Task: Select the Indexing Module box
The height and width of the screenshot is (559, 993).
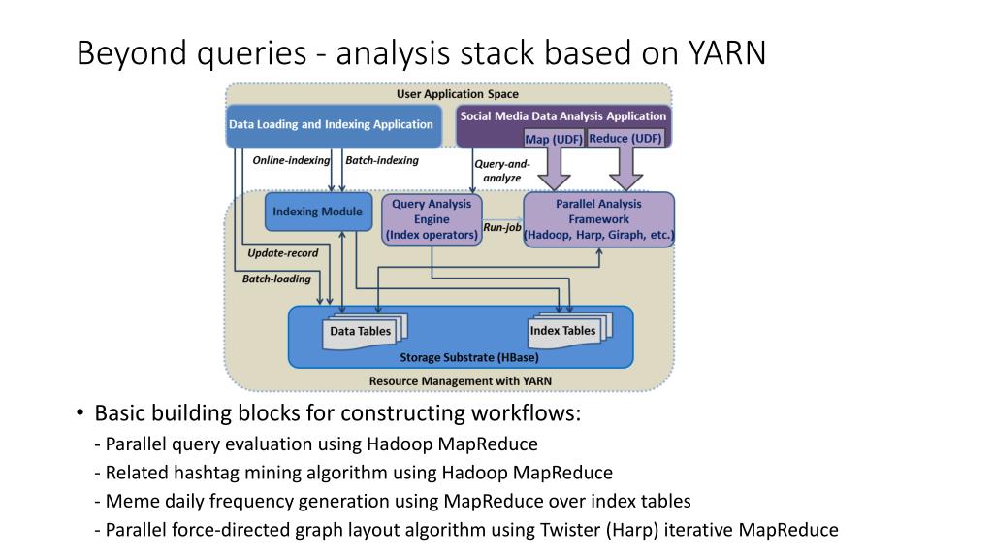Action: click(x=318, y=212)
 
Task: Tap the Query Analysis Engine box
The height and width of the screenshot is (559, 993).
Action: click(x=432, y=219)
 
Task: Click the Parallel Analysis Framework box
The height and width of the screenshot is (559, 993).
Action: click(x=598, y=219)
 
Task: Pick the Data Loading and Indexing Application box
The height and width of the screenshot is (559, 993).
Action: click(x=334, y=125)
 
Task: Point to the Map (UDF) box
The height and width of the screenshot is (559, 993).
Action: click(x=554, y=139)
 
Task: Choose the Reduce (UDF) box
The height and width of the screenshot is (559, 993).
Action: click(x=625, y=138)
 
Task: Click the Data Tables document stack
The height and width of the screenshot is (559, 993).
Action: click(x=365, y=331)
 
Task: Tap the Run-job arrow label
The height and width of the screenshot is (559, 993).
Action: click(x=502, y=227)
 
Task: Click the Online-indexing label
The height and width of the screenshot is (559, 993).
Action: click(x=291, y=160)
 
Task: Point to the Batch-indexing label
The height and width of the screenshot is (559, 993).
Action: click(x=382, y=160)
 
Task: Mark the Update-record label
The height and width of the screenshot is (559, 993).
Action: click(x=283, y=253)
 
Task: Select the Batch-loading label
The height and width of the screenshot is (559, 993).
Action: click(x=276, y=279)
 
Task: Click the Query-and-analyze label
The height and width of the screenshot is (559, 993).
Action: click(x=502, y=171)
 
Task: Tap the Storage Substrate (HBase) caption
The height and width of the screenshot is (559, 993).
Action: click(x=469, y=357)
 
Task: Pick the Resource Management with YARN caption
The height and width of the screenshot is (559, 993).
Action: click(x=461, y=380)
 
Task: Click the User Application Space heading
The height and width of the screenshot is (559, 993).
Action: click(x=458, y=94)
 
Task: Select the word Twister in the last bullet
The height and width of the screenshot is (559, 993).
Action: click(x=570, y=529)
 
